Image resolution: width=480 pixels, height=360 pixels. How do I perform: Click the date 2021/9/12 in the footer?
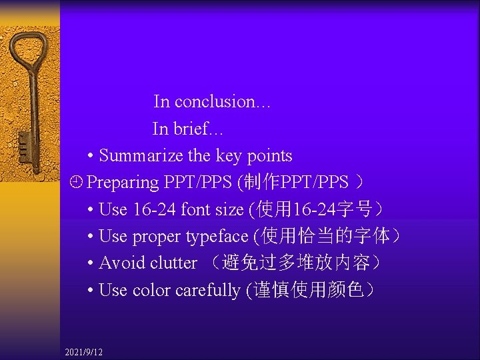coord(84,351)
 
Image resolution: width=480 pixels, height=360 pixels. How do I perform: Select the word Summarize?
coord(141,156)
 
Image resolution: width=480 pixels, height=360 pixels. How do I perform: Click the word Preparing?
coord(123,183)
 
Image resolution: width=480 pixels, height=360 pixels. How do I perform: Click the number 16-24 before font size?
coord(155,209)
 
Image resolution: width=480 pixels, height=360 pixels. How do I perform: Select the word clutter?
coord(173,263)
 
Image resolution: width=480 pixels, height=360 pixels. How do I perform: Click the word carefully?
coord(208,291)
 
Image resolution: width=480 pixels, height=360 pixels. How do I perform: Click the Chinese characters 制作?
coord(265,182)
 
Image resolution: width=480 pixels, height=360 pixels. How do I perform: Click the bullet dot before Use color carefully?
coord(90,291)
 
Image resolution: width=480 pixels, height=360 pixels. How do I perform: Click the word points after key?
coord(270,156)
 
